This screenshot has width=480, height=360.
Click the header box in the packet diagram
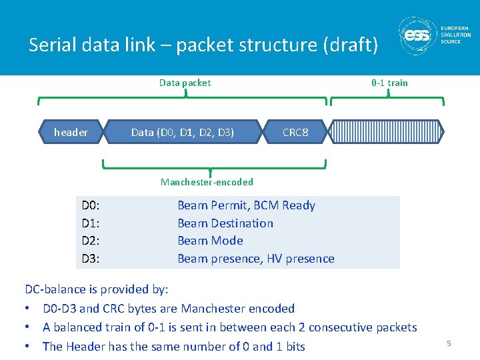[71, 132]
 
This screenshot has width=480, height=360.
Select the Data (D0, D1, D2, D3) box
[183, 132]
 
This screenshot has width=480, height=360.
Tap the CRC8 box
[295, 132]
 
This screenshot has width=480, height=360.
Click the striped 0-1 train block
[387, 132]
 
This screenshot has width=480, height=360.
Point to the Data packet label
[185, 83]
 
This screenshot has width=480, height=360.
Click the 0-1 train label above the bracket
[389, 83]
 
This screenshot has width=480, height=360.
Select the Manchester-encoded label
[207, 182]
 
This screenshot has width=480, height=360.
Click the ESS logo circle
[418, 37]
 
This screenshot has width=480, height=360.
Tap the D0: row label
[91, 205]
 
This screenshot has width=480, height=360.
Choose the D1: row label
[91, 223]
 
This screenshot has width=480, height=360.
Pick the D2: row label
[91, 241]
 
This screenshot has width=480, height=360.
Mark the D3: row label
[91, 259]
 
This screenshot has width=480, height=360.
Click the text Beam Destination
[225, 223]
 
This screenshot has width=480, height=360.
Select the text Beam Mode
[210, 241]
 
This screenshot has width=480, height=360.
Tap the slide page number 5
[449, 343]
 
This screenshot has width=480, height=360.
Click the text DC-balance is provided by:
[97, 289]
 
